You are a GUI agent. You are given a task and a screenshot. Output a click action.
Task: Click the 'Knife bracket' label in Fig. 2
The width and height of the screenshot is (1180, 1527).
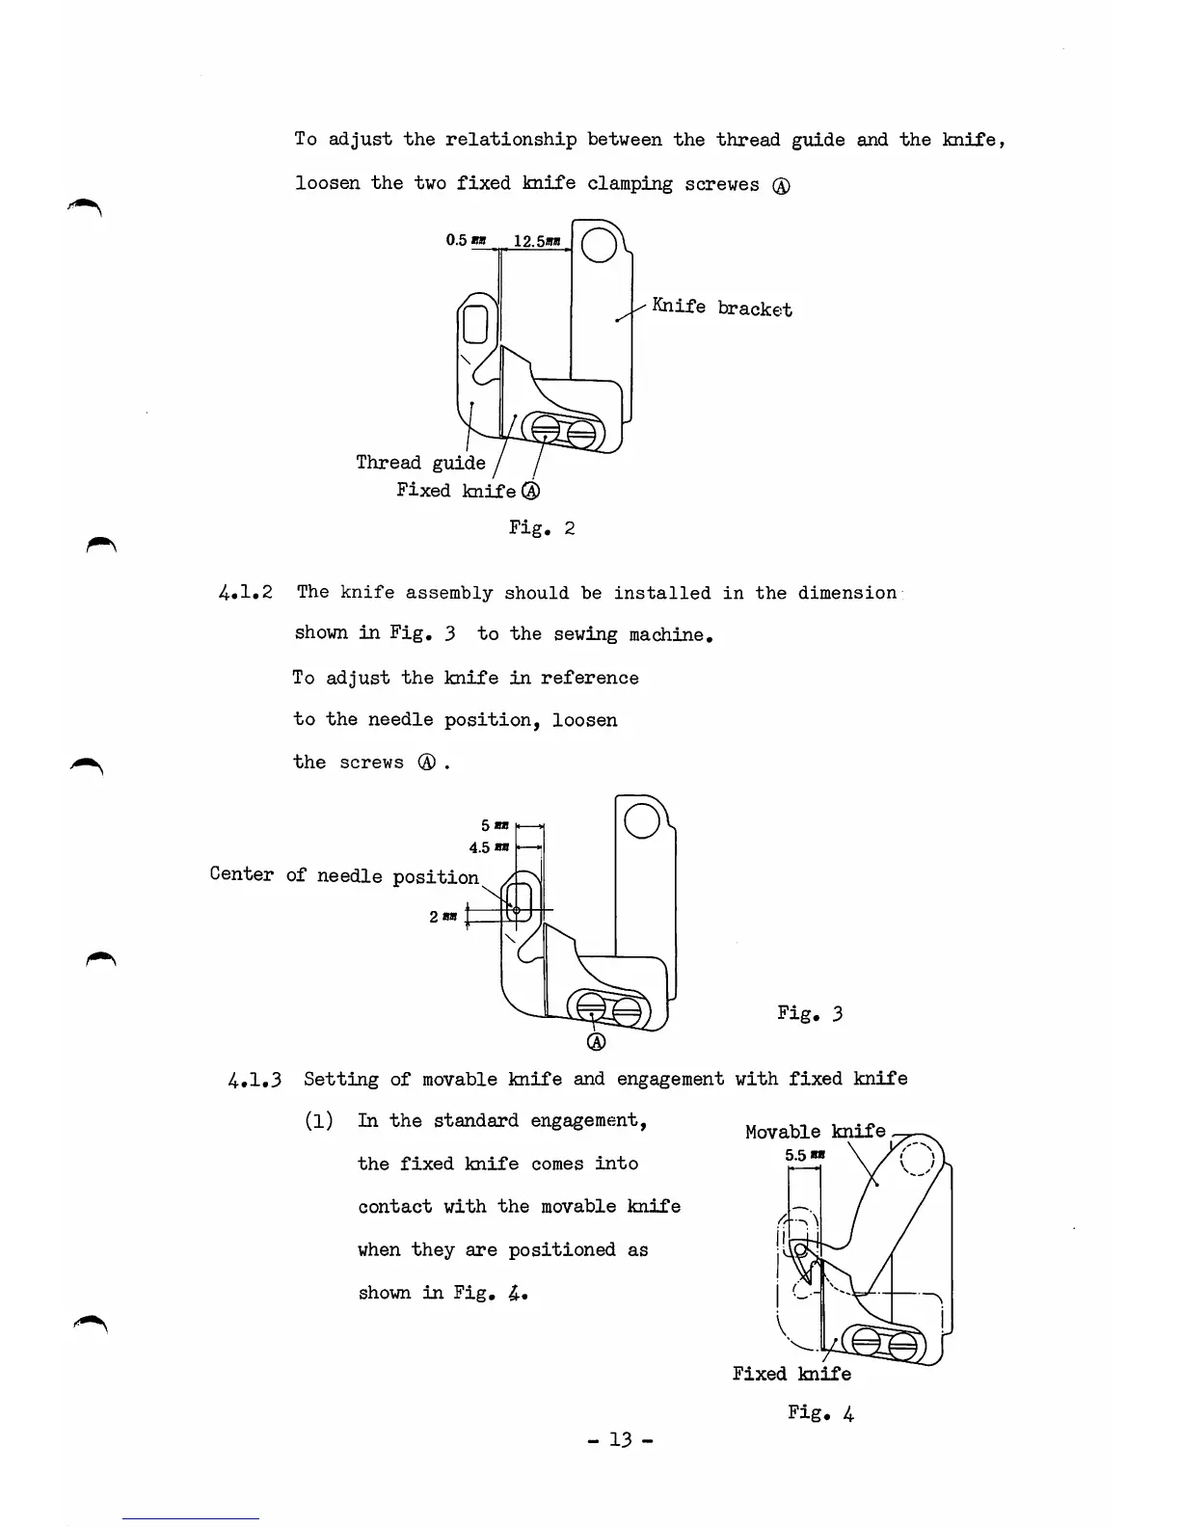tap(721, 308)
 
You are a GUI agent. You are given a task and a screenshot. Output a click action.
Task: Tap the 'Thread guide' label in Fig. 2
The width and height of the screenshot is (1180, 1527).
tap(420, 463)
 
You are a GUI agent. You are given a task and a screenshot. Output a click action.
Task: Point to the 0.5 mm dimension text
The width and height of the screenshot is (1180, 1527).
tap(468, 240)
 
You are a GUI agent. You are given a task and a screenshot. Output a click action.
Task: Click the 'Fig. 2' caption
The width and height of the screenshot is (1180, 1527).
tap(542, 528)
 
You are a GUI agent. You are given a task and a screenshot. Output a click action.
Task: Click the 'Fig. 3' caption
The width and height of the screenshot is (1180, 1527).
tap(810, 1013)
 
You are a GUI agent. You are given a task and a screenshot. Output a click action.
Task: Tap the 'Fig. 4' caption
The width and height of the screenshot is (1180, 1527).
tap(820, 1413)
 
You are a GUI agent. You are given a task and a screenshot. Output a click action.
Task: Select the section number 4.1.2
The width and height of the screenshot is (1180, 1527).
tap(244, 593)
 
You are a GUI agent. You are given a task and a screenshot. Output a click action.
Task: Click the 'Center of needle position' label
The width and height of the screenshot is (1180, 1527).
tap(344, 875)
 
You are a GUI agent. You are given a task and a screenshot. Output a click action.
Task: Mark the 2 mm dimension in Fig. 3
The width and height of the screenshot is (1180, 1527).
tap(442, 916)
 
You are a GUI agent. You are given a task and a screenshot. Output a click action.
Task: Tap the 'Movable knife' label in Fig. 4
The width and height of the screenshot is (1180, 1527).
tap(815, 1132)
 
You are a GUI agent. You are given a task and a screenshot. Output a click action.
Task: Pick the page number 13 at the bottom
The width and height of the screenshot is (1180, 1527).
tap(620, 1440)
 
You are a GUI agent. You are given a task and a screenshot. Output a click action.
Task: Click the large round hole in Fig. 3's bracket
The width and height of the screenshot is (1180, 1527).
tap(643, 820)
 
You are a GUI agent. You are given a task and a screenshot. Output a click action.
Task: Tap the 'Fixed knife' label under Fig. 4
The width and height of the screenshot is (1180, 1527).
tap(791, 1374)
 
